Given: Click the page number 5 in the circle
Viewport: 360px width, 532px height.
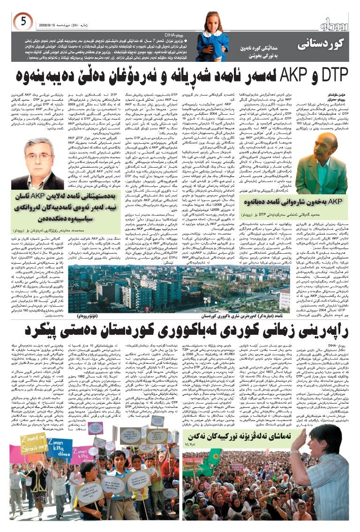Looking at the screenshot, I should [25, 21].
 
